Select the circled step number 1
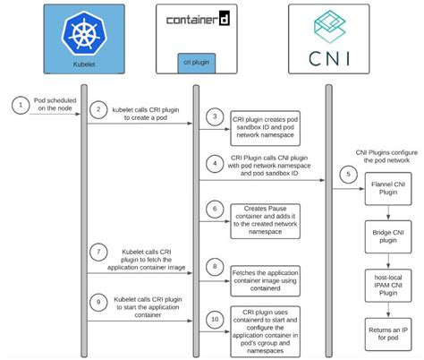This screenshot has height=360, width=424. click(18, 106)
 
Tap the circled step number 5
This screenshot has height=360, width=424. click(347, 173)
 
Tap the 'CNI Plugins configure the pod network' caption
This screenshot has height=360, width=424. click(387, 159)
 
